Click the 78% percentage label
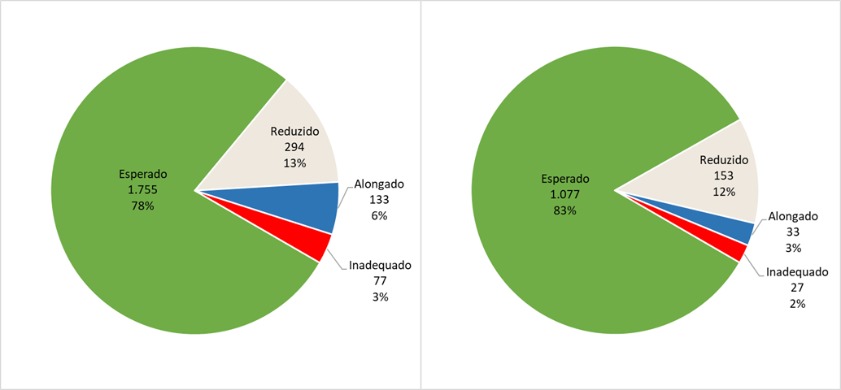pyautogui.click(x=142, y=206)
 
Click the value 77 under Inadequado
pyautogui.click(x=381, y=281)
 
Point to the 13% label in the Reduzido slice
pyautogui.click(x=294, y=163)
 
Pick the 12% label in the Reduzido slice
pyautogui.click(x=724, y=192)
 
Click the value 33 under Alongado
pyautogui.click(x=793, y=232)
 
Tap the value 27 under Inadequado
pyautogui.click(x=796, y=288)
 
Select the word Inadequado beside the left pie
pyautogui.click(x=381, y=266)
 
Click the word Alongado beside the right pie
pyautogui.click(x=793, y=217)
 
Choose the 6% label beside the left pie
pyautogui.click(x=380, y=215)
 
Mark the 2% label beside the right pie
pyautogui.click(x=796, y=303)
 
